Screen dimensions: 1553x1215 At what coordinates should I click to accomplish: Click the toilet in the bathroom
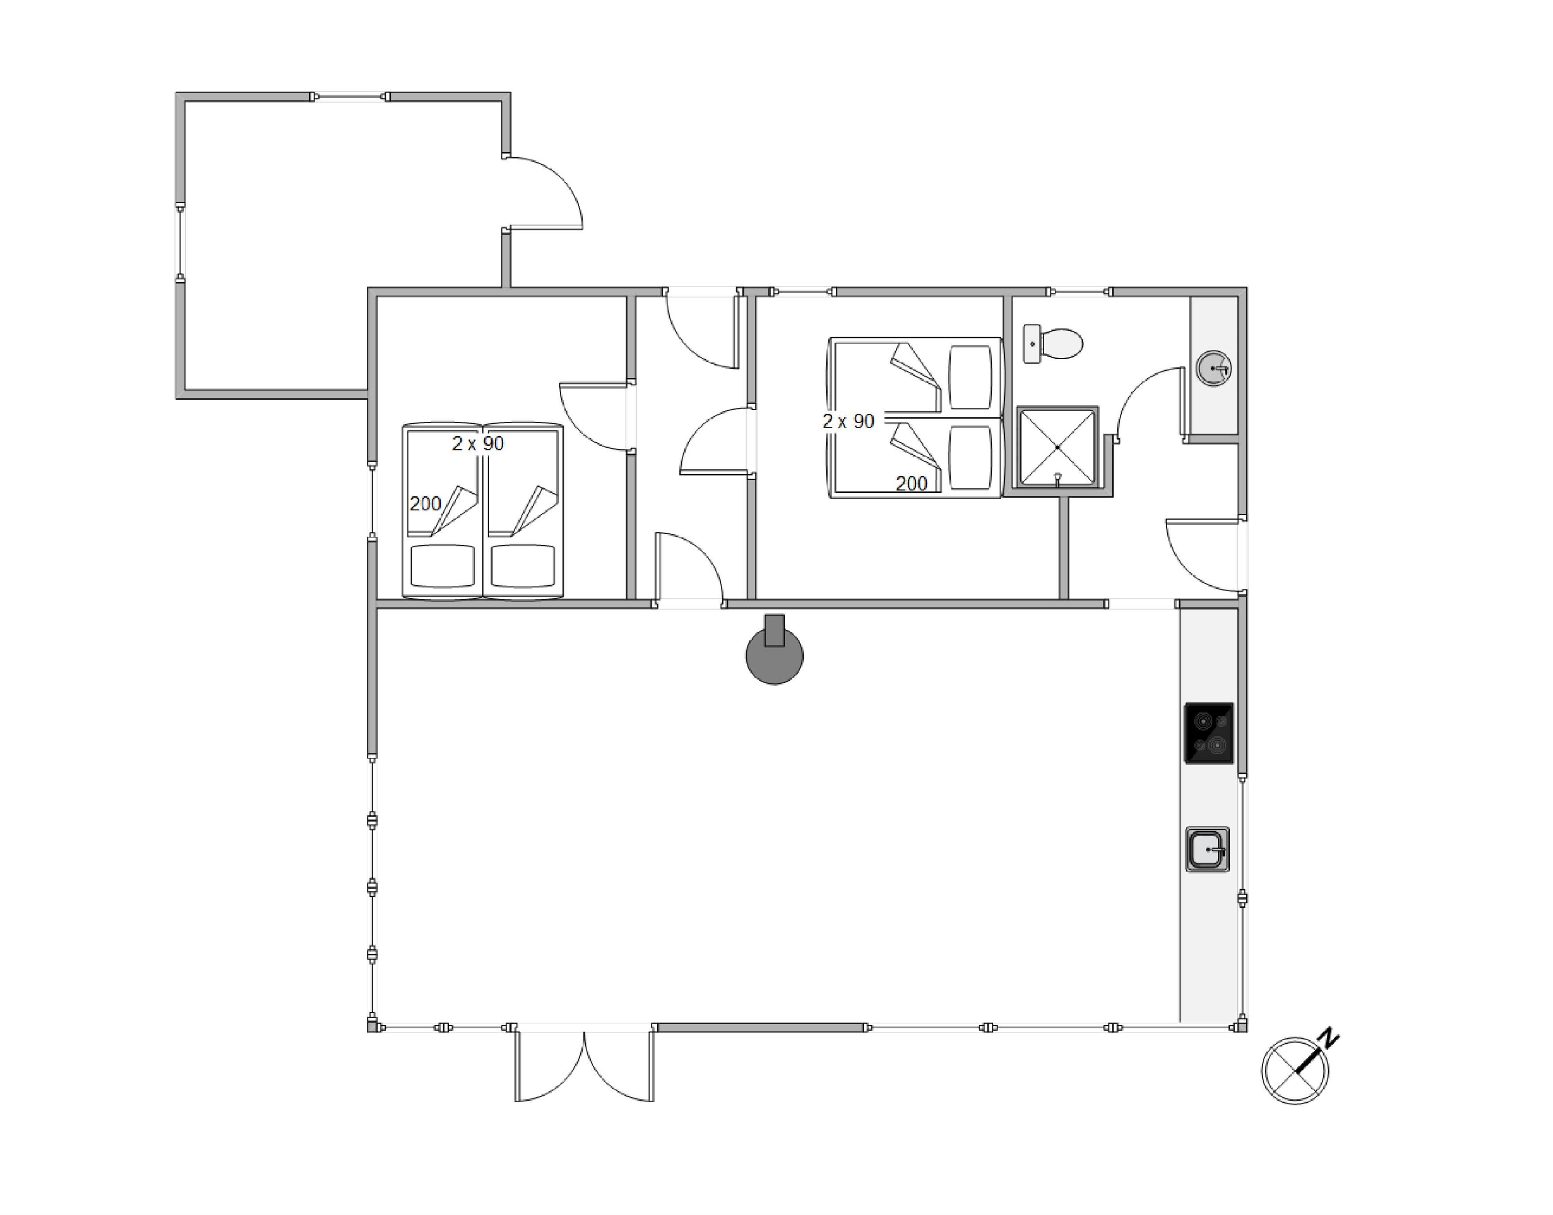tap(1053, 343)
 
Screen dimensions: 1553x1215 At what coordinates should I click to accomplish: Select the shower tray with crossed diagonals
tap(1058, 447)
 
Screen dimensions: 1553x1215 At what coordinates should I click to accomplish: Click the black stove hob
tap(1208, 733)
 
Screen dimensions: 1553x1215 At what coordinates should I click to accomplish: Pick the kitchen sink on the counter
tap(1207, 849)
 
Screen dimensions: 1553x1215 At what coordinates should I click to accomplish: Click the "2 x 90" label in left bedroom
tap(478, 444)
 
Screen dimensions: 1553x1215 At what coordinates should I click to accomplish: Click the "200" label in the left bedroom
tap(426, 504)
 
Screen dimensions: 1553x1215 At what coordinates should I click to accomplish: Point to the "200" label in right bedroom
tap(911, 484)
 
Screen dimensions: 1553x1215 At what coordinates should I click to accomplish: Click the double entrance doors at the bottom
tap(584, 1063)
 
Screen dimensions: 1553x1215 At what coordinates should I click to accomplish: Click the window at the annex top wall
tap(350, 97)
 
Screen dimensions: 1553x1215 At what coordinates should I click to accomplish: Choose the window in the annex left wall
tap(180, 242)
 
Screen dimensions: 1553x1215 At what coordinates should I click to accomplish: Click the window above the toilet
tap(1079, 292)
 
